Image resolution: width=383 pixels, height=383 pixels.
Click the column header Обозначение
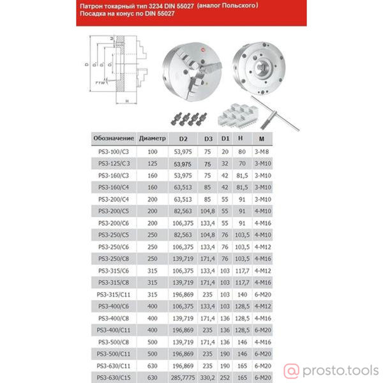point(114,138)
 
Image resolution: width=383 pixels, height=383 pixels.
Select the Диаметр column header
point(152,138)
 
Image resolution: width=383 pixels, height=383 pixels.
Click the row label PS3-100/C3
point(114,152)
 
